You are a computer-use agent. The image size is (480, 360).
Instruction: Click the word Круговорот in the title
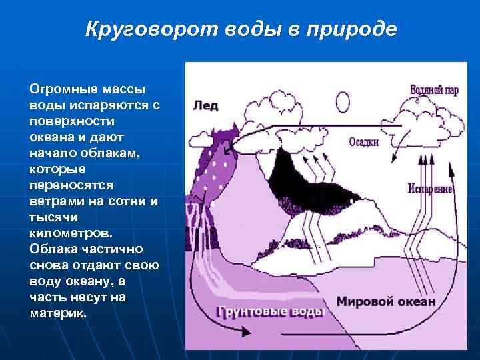142,30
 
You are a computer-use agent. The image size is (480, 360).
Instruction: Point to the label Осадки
363,142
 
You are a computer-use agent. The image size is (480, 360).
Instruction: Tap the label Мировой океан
386,301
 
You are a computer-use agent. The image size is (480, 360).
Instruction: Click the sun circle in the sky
342,102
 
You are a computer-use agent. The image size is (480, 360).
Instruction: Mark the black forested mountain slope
313,177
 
